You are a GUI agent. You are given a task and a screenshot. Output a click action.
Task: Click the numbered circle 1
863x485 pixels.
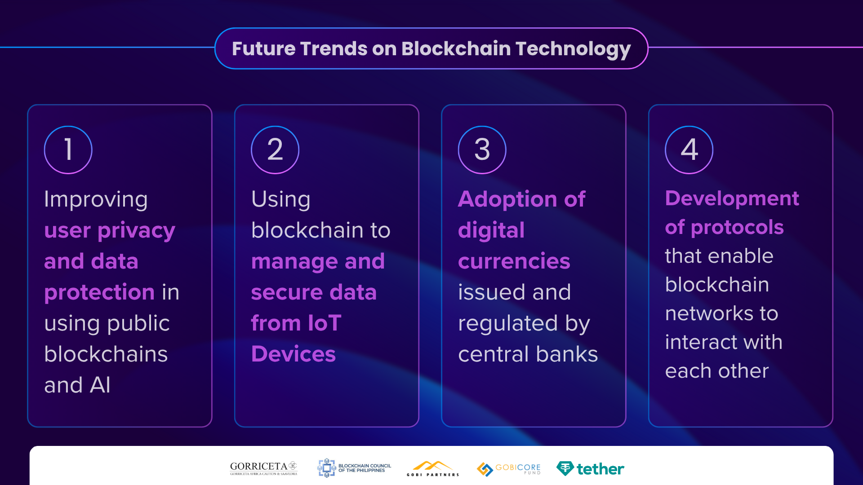68,150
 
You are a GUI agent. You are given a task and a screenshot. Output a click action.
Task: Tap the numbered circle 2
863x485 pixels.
275,150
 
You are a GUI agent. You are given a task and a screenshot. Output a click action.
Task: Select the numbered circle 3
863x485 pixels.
482,150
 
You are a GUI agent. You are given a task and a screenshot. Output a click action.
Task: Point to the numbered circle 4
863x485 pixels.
689,150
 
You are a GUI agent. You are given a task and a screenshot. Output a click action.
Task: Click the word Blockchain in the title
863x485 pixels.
456,48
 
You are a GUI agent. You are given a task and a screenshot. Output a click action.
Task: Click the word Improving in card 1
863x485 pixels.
96,200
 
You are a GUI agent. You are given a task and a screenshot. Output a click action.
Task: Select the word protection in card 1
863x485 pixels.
100,293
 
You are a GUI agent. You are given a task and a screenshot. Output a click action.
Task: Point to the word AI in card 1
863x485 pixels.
100,385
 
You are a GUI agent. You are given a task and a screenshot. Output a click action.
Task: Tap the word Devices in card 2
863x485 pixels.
294,354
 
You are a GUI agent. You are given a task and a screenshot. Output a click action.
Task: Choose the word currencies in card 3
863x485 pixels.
514,261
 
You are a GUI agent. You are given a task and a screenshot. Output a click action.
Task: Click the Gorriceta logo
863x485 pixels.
264,468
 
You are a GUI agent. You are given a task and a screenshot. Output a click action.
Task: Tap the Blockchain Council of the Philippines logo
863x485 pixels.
354,468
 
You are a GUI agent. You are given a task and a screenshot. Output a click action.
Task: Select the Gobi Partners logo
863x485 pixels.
433,468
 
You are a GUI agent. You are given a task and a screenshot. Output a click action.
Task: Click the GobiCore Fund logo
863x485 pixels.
509,469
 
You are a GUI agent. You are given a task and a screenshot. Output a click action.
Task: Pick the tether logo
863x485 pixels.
590,469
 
